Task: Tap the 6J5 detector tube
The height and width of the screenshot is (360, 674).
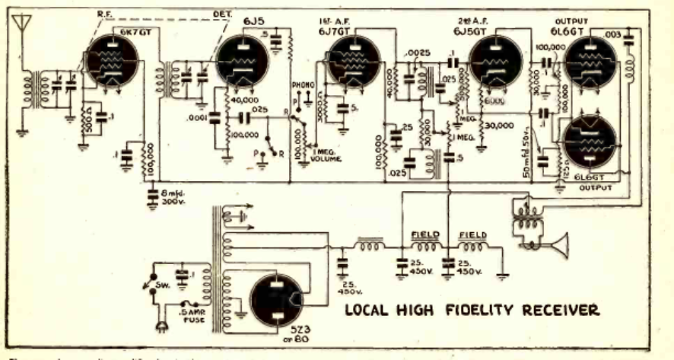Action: [243, 63]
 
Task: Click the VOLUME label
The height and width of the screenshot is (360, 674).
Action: [329, 160]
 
